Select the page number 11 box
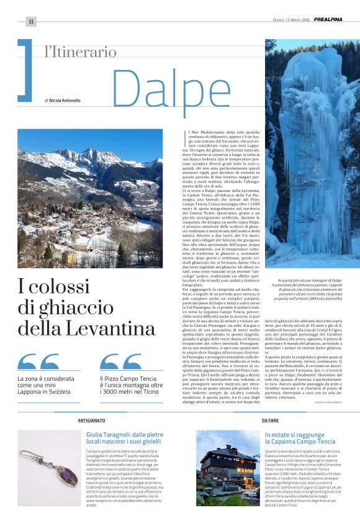point(30,21)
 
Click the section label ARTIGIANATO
point(91,421)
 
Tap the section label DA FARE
point(270,421)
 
